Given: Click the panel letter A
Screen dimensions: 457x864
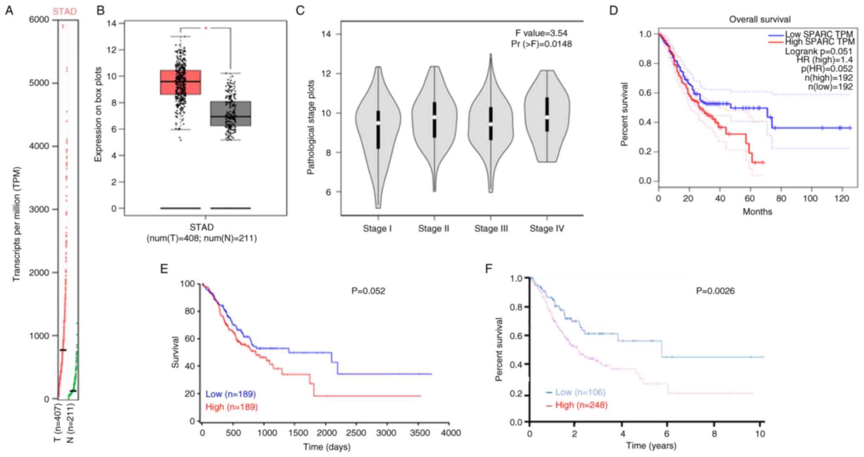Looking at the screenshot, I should pyautogui.click(x=9, y=11).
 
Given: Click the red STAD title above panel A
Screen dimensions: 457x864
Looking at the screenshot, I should pyautogui.click(x=65, y=11).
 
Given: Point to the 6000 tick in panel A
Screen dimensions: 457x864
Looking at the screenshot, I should pyautogui.click(x=39, y=20).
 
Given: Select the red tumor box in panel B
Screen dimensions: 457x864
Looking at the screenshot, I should pyautogui.click(x=181, y=82).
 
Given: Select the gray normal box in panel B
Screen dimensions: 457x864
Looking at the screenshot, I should pyautogui.click(x=230, y=114).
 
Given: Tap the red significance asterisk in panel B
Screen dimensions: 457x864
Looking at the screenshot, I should pyautogui.click(x=206, y=28).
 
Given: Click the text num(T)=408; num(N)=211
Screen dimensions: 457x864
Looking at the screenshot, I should pyautogui.click(x=202, y=238).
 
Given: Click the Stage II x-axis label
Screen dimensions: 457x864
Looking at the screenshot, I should pyautogui.click(x=433, y=229).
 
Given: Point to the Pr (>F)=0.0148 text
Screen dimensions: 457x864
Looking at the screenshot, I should pyautogui.click(x=541, y=44).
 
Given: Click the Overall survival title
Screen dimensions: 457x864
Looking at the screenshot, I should pyautogui.click(x=759, y=19).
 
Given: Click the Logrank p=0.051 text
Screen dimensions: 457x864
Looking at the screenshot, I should pyautogui.click(x=818, y=51).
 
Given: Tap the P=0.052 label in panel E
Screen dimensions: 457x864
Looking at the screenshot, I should pyautogui.click(x=368, y=291).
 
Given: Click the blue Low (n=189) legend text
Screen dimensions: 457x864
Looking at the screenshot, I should pyautogui.click(x=230, y=394).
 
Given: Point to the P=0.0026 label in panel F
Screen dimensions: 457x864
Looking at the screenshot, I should pyautogui.click(x=715, y=291).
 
